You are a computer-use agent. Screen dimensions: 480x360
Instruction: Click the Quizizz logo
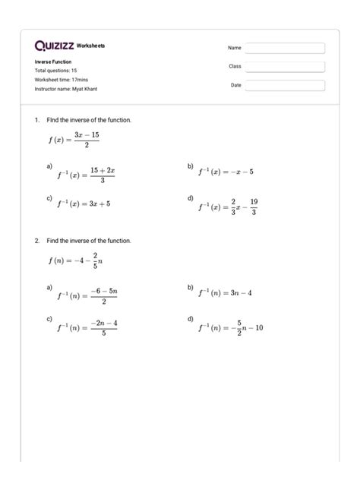pos(54,46)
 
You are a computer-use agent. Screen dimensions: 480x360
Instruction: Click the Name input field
pos(284,48)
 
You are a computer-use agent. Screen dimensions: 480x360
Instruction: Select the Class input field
pos(284,67)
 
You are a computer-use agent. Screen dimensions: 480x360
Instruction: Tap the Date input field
pos(284,86)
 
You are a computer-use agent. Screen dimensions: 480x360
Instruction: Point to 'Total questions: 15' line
pos(55,71)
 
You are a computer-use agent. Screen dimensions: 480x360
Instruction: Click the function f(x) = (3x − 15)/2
pos(72,141)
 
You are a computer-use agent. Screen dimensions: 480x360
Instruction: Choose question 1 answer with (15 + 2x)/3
pos(86,175)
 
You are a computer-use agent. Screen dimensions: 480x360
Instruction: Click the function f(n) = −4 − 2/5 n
pos(73,261)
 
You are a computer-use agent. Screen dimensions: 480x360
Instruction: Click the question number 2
pos(36,241)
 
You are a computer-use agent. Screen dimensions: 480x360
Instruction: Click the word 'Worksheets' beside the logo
pos(91,46)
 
